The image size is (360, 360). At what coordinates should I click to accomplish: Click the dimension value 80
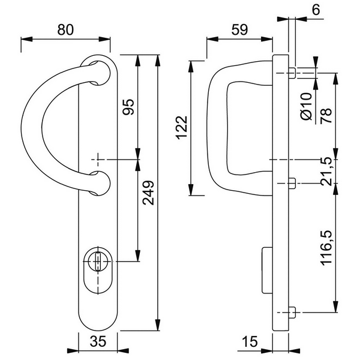(66, 29)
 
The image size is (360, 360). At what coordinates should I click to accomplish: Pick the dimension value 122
(182, 127)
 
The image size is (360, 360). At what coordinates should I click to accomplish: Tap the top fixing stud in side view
(291, 74)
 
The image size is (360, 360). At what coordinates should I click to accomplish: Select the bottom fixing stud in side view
(291, 313)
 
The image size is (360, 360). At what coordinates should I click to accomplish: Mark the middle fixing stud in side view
(291, 183)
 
